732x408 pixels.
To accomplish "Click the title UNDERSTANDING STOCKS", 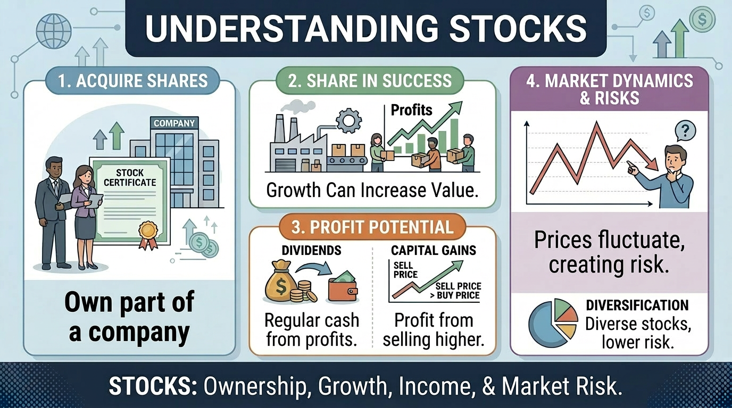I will (365, 29).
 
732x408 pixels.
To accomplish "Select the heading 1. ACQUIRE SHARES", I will (133, 81).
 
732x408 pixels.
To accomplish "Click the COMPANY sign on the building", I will (174, 123).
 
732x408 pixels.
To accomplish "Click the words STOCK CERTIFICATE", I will (130, 177).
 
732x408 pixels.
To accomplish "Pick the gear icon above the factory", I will (348, 121).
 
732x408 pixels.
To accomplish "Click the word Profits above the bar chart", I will (411, 110).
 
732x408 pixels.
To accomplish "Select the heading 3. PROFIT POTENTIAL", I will (372, 228).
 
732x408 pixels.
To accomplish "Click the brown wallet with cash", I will (342, 287).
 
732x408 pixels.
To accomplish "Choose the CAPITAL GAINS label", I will (434, 250).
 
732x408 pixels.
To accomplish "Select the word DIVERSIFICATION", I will (637, 305).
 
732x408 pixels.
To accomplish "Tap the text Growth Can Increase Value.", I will (372, 190).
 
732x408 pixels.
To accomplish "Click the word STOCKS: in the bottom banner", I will (153, 387).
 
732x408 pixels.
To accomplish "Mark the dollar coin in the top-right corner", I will (702, 20).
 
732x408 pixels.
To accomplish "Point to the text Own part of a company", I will (129, 317).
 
